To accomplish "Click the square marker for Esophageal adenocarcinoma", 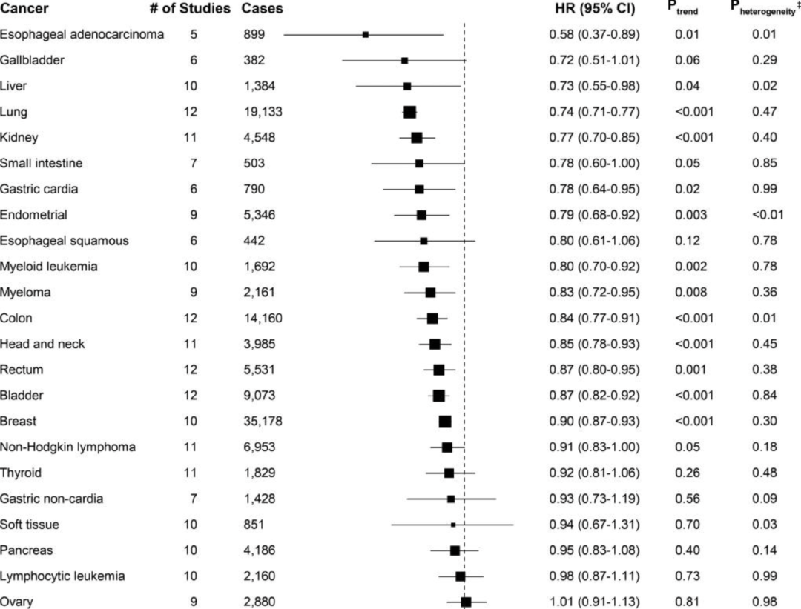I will (x=366, y=34).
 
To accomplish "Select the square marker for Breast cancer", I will (x=445, y=422).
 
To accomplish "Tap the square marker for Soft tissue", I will (x=453, y=525).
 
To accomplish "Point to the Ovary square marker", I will (x=466, y=602).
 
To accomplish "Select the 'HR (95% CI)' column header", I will (x=584, y=9).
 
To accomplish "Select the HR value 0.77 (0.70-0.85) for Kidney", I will (x=590, y=137).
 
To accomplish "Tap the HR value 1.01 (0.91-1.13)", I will (x=590, y=602).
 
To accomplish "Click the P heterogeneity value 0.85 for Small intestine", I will (x=764, y=163).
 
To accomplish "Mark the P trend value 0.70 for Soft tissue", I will (x=687, y=525).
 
